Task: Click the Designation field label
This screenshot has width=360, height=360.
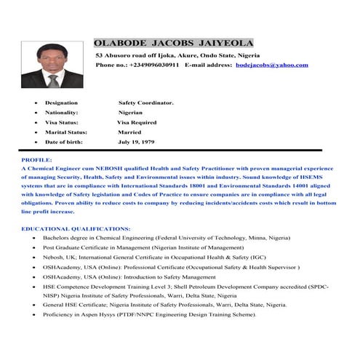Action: (x=61, y=103)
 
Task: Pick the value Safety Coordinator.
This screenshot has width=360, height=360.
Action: (x=146, y=103)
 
